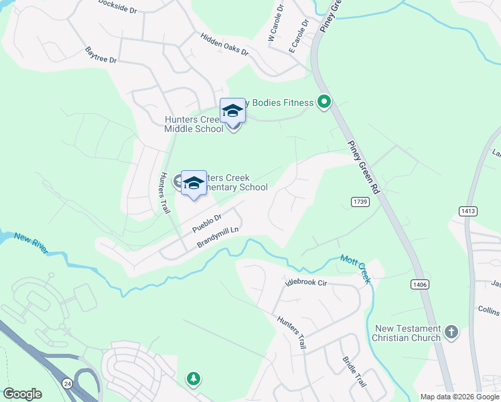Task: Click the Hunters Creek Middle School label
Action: (194, 124)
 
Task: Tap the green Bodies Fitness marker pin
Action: (324, 103)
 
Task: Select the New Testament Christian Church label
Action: (408, 333)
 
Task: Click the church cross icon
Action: (452, 332)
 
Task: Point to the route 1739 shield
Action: (359, 201)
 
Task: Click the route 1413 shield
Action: (468, 211)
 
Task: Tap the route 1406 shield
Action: (420, 285)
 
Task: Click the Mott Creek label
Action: (355, 267)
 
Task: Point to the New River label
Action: (31, 243)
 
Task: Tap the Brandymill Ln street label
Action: (218, 239)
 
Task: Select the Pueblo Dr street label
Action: (207, 223)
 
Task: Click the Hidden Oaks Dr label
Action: (224, 44)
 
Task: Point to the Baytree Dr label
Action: (101, 55)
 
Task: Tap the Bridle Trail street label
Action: (353, 372)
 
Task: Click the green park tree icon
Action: (194, 379)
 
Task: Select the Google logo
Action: (22, 394)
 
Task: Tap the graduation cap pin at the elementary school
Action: (194, 183)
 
